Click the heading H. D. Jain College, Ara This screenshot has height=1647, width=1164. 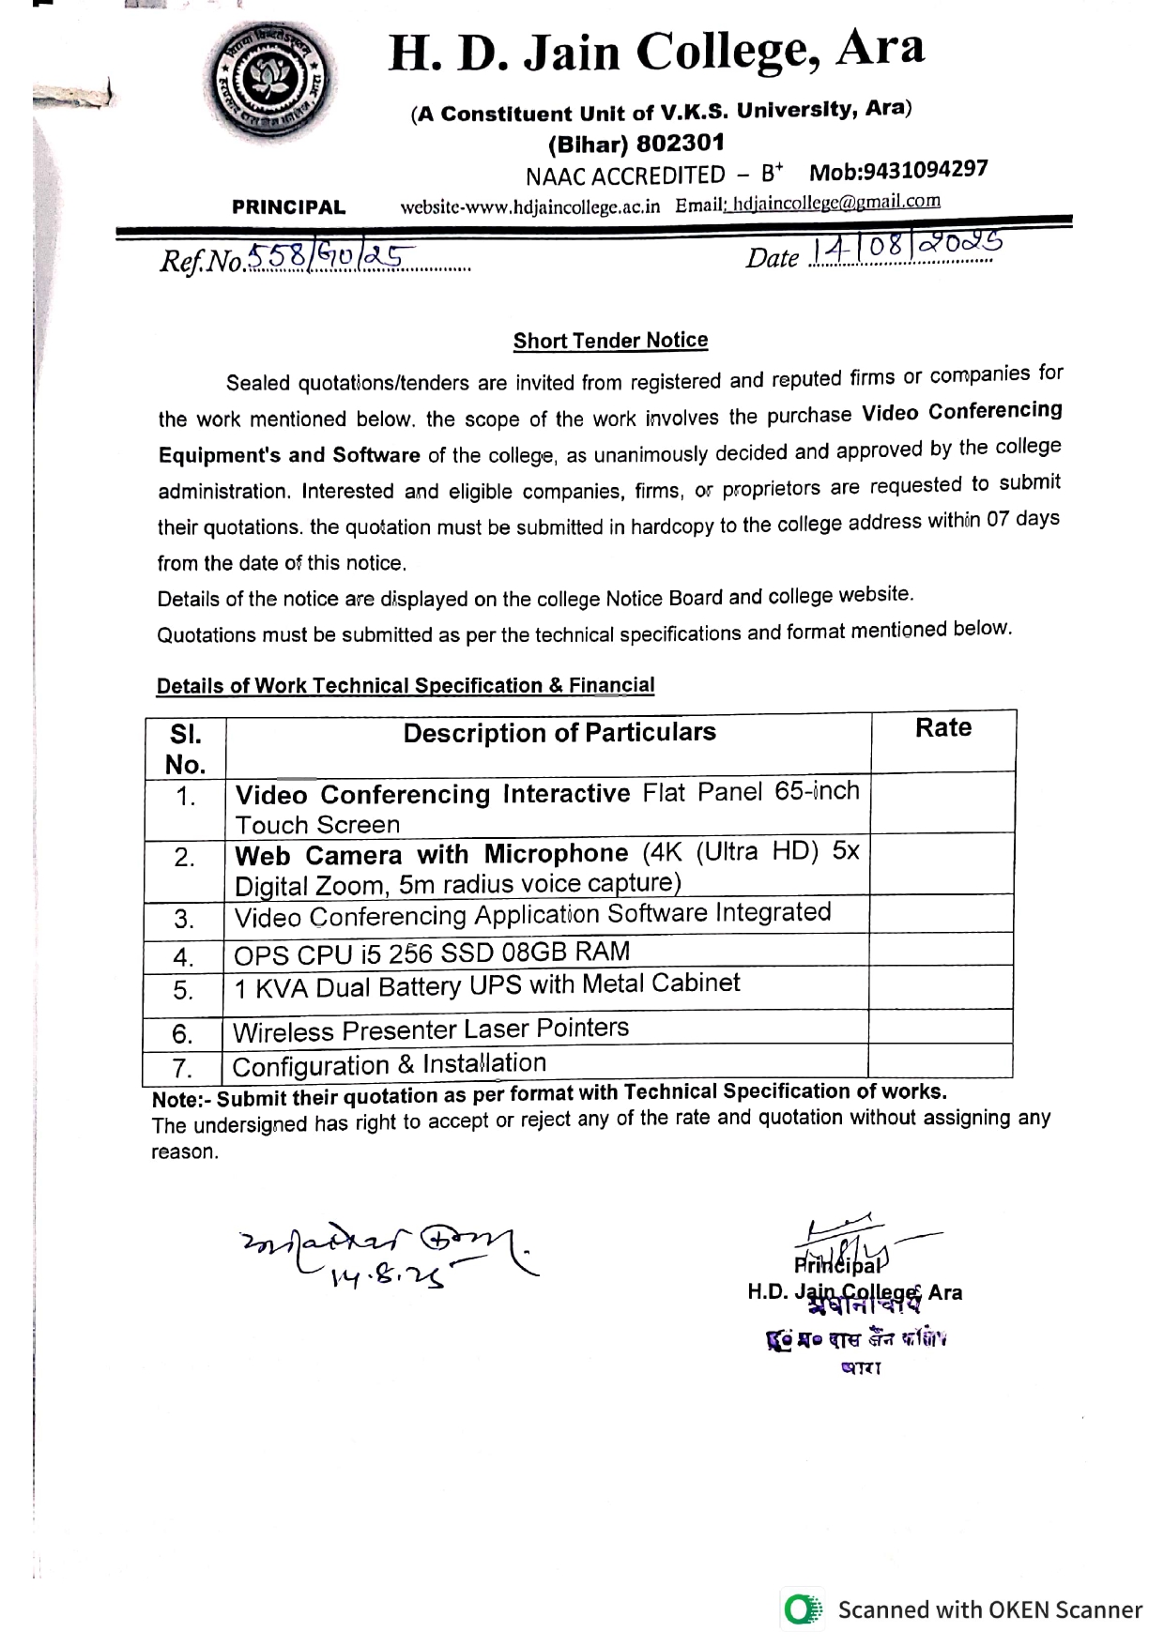pos(656,51)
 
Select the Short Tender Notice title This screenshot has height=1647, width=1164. pos(610,341)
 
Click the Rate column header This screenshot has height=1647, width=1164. pos(942,728)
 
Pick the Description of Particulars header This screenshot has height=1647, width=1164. pos(559,733)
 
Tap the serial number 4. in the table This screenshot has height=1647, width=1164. pos(184,957)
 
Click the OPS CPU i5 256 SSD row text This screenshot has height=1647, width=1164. pos(432,953)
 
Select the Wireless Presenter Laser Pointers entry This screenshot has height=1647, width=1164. pos(431,1029)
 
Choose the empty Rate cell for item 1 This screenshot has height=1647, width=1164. pos(942,803)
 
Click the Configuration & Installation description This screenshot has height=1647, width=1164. pos(390,1065)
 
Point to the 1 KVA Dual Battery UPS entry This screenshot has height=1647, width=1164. pos(486,985)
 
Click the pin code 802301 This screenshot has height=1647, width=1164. pos(680,144)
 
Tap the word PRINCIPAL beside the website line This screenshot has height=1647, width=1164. pos(288,207)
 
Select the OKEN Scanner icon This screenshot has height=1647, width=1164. pos(803,1609)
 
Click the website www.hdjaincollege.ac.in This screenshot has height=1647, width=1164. pos(530,206)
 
